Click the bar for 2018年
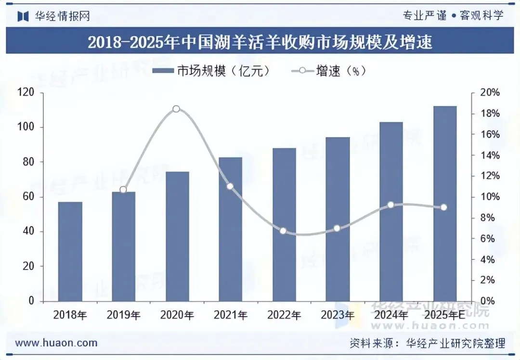coord(70,251)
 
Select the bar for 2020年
coord(177,236)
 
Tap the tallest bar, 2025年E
coord(444,204)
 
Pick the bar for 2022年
coord(284,224)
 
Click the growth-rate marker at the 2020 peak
coord(176,109)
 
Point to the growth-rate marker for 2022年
coord(283,231)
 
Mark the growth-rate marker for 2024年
coord(390,205)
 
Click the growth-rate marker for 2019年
coord(123,190)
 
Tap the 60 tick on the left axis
coord(29,197)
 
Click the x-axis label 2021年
coord(230,316)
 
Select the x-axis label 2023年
coord(337,316)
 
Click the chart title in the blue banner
coord(260,42)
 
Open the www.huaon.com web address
coord(56,343)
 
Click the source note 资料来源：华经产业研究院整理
coord(427,343)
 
